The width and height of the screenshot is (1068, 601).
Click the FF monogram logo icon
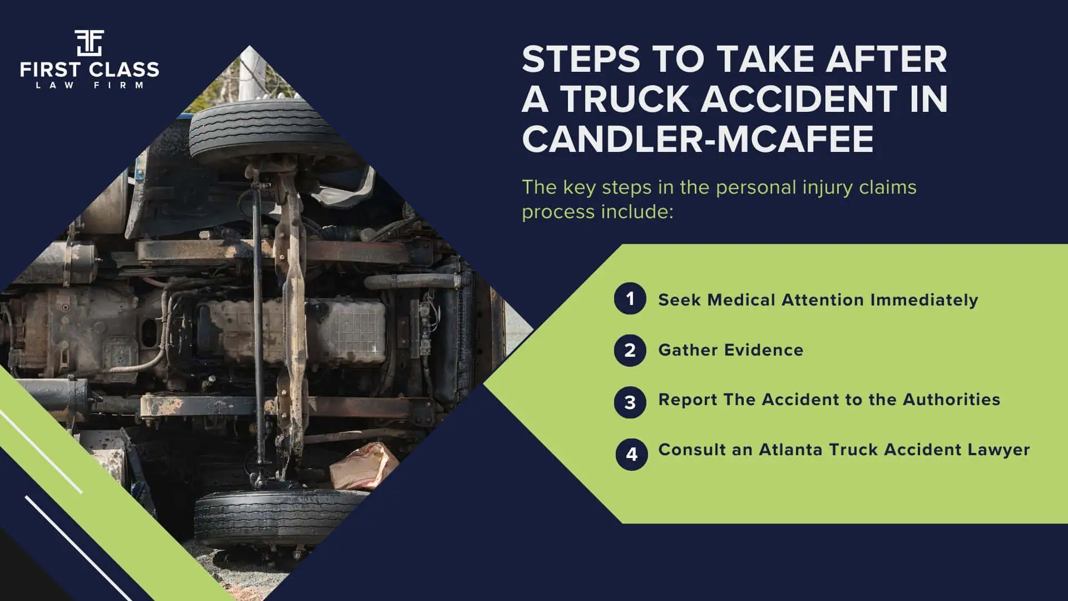click(x=89, y=43)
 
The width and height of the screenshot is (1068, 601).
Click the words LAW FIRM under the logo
click(x=89, y=85)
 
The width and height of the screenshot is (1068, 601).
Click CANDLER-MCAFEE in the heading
click(x=698, y=139)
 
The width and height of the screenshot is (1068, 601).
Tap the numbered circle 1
click(x=630, y=299)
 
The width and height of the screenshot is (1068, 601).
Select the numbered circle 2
click(x=630, y=350)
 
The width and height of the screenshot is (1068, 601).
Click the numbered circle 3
click(x=630, y=402)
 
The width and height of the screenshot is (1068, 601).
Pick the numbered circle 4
click(x=631, y=454)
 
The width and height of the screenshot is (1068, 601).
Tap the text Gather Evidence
click(x=730, y=350)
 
